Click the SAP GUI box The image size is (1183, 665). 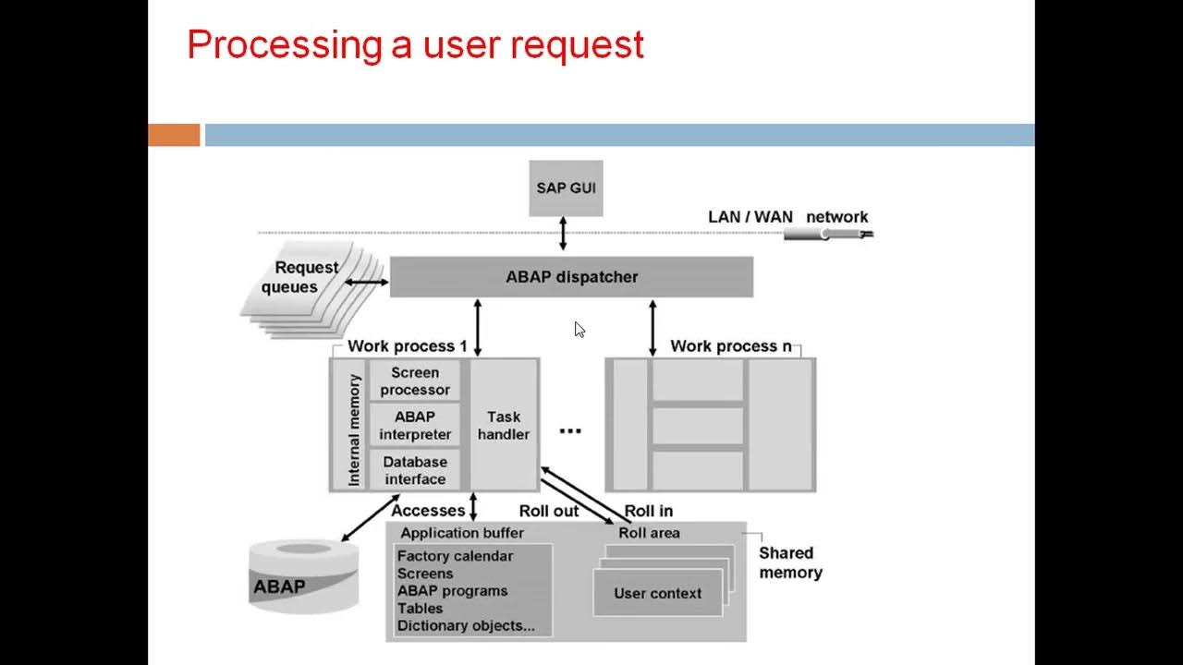tap(566, 188)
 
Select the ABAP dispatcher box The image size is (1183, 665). tap(571, 277)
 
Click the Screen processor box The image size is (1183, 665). tap(415, 381)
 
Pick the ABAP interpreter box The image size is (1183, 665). tap(415, 426)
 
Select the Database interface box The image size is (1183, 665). tap(415, 470)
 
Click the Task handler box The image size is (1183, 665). tap(504, 425)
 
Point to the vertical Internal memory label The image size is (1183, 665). tap(354, 430)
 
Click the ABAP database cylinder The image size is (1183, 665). tap(304, 576)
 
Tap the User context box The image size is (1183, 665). tap(658, 594)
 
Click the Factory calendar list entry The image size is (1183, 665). tap(455, 556)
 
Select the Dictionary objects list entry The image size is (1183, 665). tap(466, 625)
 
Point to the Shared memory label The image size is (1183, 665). tap(789, 562)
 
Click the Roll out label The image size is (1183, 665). tap(549, 511)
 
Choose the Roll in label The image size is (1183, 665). tap(649, 511)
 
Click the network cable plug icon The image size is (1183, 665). tap(826, 233)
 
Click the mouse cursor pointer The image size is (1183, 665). tap(579, 330)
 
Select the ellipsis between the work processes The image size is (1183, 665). tap(570, 431)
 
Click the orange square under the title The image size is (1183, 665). tap(174, 135)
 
